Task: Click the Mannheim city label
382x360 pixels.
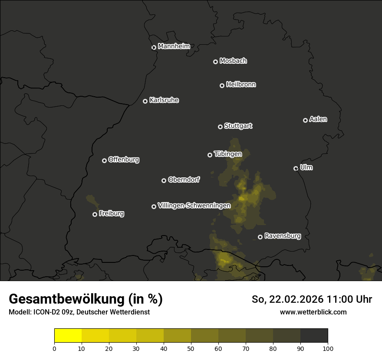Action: pos(174,46)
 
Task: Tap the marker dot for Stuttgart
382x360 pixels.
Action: pos(220,127)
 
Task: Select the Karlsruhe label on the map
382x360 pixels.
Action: pos(164,100)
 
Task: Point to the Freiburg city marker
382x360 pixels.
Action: pos(95,214)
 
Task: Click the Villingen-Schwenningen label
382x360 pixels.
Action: pos(194,206)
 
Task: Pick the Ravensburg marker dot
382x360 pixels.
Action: pos(260,237)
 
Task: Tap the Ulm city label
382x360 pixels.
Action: pos(306,167)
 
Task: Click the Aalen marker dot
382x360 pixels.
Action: pos(305,120)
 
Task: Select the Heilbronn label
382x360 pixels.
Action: pos(241,85)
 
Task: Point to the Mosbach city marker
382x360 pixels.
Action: pos(215,62)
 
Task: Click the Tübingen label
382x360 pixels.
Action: pos(228,154)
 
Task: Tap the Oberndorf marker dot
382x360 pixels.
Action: pos(164,180)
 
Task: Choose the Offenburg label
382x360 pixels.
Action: pos(124,160)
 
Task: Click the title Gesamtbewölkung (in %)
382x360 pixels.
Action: pos(86,299)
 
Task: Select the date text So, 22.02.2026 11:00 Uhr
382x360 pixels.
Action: pos(312,299)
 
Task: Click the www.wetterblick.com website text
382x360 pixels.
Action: pos(313,312)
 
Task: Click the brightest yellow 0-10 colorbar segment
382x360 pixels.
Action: pos(68,336)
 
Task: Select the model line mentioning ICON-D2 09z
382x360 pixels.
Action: pos(79,312)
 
